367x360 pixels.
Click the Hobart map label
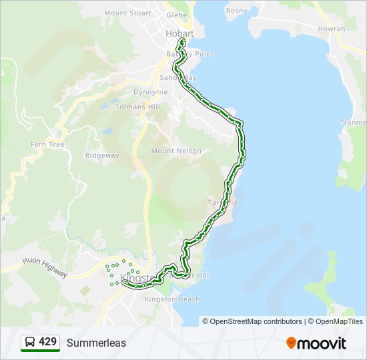tap(179, 33)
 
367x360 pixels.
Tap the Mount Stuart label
tap(125, 13)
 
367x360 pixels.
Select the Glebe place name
tap(177, 14)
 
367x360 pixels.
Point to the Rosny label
tap(236, 11)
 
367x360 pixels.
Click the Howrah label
tap(332, 29)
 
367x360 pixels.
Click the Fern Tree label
tap(47, 144)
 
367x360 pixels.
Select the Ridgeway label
tap(102, 155)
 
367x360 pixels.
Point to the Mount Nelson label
tap(176, 151)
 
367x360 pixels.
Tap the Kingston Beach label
tap(172, 299)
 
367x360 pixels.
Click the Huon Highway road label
tap(45, 268)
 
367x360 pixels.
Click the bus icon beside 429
tap(29, 343)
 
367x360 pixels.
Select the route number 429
tap(47, 342)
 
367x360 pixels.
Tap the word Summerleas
tap(96, 343)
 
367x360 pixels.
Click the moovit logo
tap(316, 343)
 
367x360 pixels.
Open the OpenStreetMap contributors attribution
tap(256, 321)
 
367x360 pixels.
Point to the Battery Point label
tap(190, 54)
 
